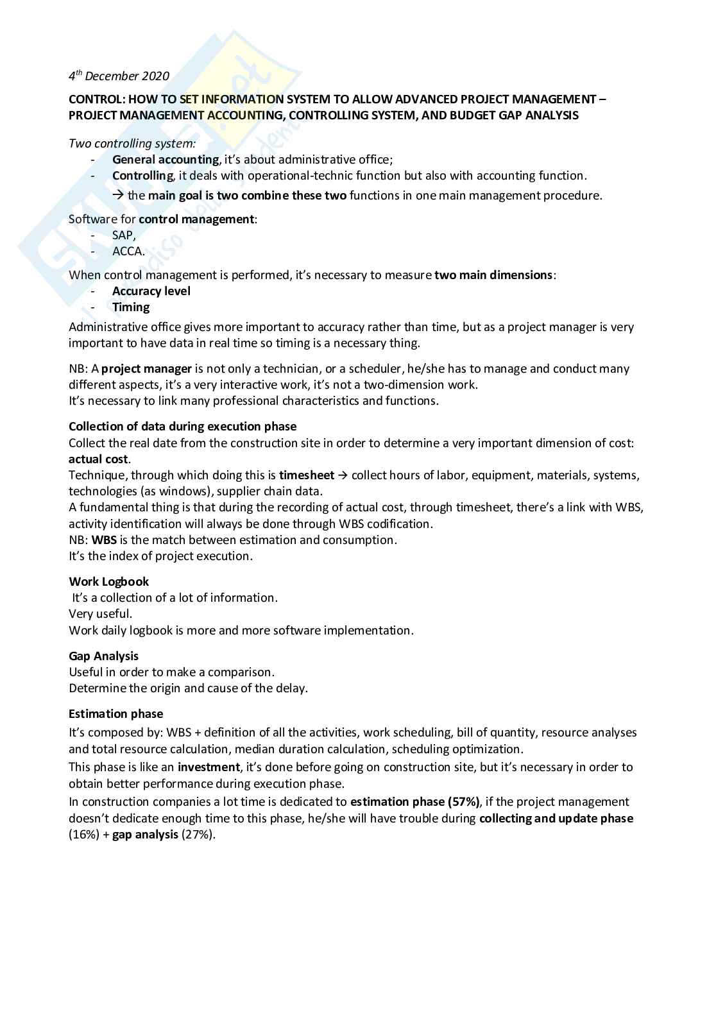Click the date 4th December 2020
pyautogui.click(x=119, y=76)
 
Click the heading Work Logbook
pyautogui.click(x=108, y=582)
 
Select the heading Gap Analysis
pyautogui.click(x=103, y=656)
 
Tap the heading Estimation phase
pyautogui.click(x=115, y=714)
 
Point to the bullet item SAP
pyautogui.click(x=123, y=235)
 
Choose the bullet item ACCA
pyautogui.click(x=128, y=251)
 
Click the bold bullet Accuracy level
pyautogui.click(x=151, y=291)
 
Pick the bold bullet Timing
pyautogui.click(x=131, y=307)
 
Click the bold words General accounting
pyautogui.click(x=165, y=160)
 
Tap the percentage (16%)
pyautogui.click(x=83, y=835)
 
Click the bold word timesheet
pyautogui.click(x=306, y=475)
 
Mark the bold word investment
pyautogui.click(x=209, y=767)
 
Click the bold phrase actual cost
pyautogui.click(x=99, y=459)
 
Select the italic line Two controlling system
pyautogui.click(x=132, y=144)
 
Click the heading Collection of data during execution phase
pyautogui.click(x=182, y=427)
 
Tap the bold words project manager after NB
pyautogui.click(x=146, y=369)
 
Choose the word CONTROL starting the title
pyautogui.click(x=94, y=99)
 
